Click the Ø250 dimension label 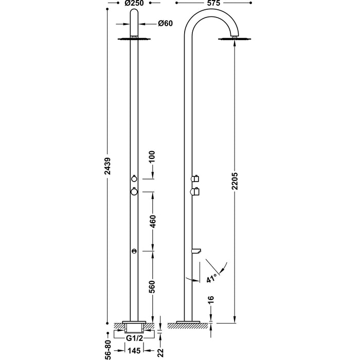tap(133, 4)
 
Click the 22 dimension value tap(160, 353)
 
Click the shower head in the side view tap(236, 39)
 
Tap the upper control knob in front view tap(134, 178)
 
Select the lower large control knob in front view tap(134, 191)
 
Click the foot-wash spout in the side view tap(196, 250)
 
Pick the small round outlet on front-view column tap(134, 250)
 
